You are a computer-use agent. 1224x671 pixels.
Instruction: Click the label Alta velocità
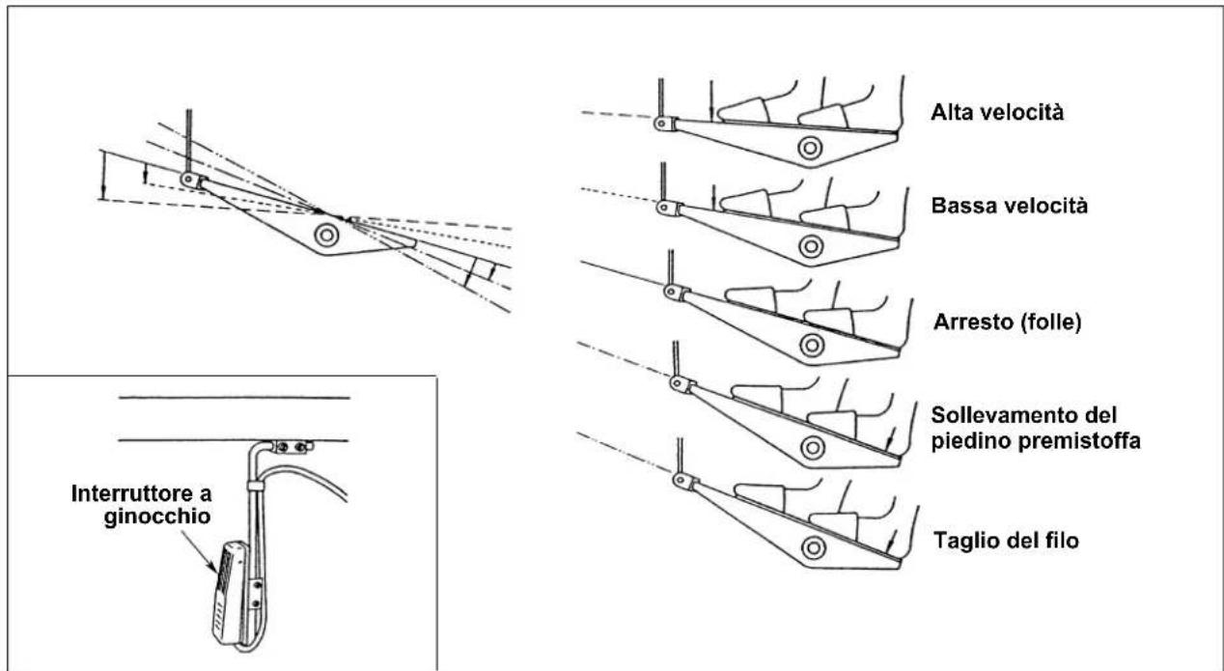(x=997, y=113)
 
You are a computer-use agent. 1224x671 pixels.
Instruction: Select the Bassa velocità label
(x=1010, y=206)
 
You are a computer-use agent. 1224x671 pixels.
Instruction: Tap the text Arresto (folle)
(x=1007, y=322)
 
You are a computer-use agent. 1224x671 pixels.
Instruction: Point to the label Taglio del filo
(x=1006, y=541)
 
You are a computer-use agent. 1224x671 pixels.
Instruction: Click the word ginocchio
(x=157, y=517)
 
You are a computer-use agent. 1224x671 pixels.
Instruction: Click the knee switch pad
(x=228, y=593)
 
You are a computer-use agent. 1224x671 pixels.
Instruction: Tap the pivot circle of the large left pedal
(x=326, y=235)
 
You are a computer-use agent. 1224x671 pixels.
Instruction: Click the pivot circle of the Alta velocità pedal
(x=810, y=148)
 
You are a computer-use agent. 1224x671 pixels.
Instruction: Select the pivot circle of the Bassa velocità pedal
(x=811, y=246)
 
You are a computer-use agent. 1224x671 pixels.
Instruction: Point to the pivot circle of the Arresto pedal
(x=812, y=346)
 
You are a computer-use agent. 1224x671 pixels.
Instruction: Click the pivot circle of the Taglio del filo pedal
(x=813, y=547)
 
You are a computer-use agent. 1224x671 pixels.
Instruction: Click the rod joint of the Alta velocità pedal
(x=663, y=124)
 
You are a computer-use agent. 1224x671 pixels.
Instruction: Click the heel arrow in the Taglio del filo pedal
(x=891, y=541)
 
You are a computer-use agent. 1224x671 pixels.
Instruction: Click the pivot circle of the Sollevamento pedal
(x=813, y=448)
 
